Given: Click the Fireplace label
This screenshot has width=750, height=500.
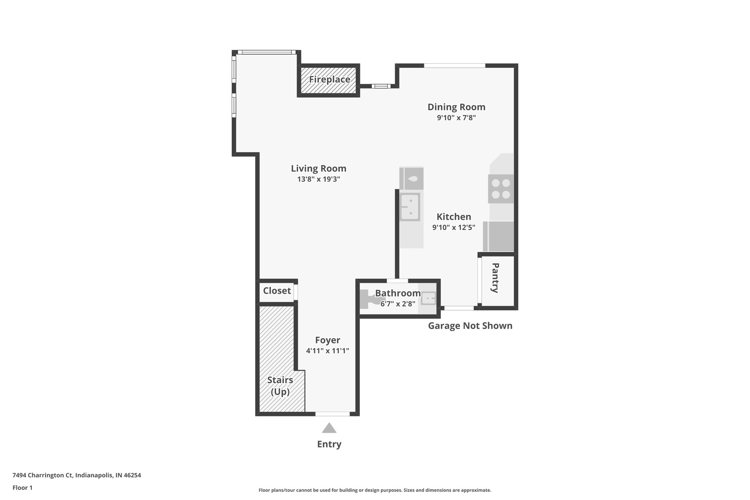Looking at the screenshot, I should (329, 79).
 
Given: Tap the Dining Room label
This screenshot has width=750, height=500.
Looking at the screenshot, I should (456, 107).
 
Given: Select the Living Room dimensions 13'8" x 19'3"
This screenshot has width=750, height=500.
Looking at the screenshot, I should (319, 179).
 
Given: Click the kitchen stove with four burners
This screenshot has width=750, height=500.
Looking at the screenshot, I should (501, 189).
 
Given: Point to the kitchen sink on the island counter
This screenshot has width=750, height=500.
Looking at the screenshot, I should (410, 207).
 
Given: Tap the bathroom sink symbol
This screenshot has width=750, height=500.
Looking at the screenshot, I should (428, 299).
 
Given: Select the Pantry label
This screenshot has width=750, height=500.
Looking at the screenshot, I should (495, 278).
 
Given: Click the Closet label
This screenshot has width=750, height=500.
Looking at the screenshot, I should (277, 291).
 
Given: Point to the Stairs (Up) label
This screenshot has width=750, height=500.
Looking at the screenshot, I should (280, 386).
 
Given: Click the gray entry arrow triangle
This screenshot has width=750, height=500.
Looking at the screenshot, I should (329, 428).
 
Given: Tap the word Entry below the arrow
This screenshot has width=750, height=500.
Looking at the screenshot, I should (329, 444).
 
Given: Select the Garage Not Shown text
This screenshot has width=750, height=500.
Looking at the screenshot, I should (470, 326).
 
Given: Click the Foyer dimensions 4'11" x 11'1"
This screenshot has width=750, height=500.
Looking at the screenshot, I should (327, 351).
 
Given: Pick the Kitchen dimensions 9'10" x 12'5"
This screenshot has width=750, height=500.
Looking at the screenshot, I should (454, 227).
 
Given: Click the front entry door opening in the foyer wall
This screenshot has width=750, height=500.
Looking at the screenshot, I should (333, 414).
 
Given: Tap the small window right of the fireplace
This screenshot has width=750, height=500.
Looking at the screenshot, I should (381, 86).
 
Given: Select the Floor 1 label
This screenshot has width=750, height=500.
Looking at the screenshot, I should (22, 488).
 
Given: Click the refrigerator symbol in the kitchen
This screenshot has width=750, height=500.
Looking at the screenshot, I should (498, 236).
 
